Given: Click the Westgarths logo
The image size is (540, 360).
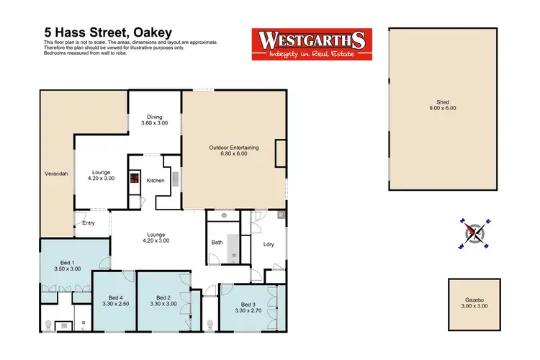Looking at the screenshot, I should [x=310, y=45].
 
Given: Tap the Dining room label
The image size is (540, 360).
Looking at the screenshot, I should [x=155, y=117].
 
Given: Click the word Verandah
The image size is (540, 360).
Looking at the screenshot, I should [x=50, y=172].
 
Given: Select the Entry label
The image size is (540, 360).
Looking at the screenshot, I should [x=89, y=222].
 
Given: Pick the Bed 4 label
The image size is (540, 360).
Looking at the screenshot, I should [x=116, y=297].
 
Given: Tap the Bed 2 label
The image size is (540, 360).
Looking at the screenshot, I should [x=163, y=297].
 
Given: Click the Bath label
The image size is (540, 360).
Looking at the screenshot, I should [x=217, y=243].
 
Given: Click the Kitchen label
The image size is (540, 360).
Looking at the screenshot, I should [x=156, y=180].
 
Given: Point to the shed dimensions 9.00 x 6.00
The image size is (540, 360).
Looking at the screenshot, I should [x=444, y=108].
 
